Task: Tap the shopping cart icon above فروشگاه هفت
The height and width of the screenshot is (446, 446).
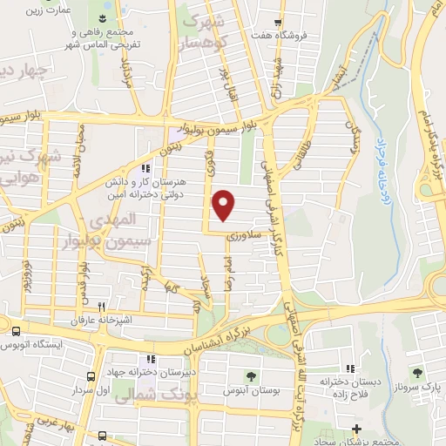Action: pyautogui.click(x=277, y=24)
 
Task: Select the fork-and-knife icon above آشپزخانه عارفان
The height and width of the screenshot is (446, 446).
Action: pyautogui.click(x=102, y=307)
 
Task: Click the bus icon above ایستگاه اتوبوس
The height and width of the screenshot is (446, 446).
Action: pyautogui.click(x=16, y=331)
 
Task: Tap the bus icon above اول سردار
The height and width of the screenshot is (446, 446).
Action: pyautogui.click(x=91, y=379)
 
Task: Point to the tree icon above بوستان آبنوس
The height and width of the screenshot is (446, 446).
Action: pyautogui.click(x=251, y=376)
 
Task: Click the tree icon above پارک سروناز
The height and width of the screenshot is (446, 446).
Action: pyautogui.click(x=417, y=372)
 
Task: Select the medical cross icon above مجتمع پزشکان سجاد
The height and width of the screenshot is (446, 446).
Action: pyautogui.click(x=356, y=428)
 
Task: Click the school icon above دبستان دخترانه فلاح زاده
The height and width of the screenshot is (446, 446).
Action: pyautogui.click(x=350, y=369)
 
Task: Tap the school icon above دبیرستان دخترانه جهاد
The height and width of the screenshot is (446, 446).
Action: pyautogui.click(x=152, y=359)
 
